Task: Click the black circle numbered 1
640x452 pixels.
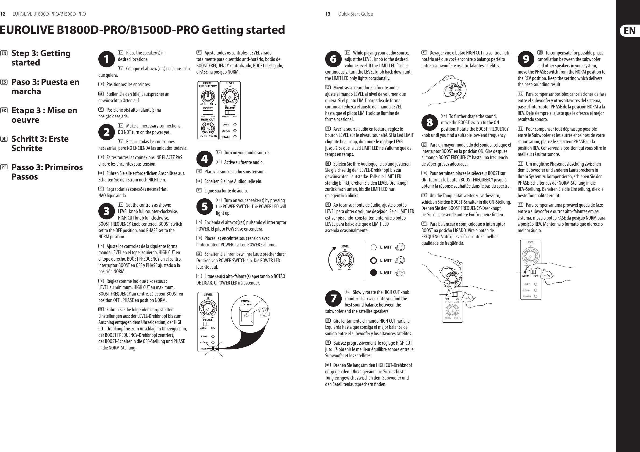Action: pos(106,59)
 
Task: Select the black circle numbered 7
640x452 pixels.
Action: pos(333,298)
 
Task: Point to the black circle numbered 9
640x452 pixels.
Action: pos(526,59)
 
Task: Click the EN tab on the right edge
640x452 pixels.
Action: pos(630,31)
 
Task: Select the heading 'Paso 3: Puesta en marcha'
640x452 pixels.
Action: pos(45,86)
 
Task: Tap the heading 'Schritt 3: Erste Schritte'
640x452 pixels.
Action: pos(40,143)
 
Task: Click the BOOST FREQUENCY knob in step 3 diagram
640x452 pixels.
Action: pos(208,97)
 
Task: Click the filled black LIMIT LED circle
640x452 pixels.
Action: pos(374,272)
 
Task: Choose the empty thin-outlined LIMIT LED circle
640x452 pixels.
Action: pos(374,247)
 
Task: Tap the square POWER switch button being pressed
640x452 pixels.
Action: pos(246,315)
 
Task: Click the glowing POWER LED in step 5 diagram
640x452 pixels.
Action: pos(213,348)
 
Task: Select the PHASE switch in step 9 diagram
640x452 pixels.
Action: pos(533,272)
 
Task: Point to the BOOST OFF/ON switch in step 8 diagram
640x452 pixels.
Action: pos(454,294)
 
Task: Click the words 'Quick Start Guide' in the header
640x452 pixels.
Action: pos(355,14)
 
